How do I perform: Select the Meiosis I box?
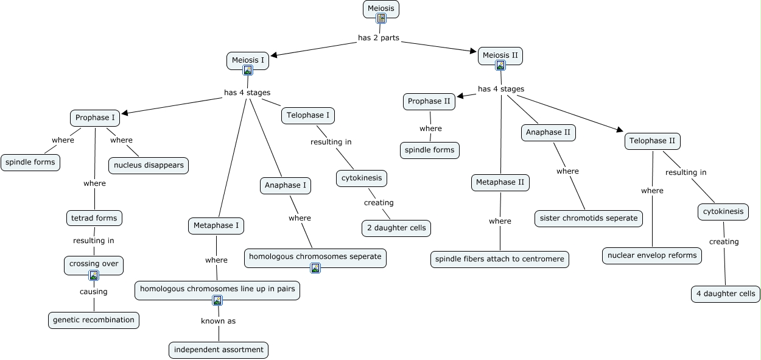pos(248,60)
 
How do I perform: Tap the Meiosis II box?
pos(500,55)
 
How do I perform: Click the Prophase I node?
pos(95,118)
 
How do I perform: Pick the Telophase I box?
pos(308,115)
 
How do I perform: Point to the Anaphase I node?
pos(286,185)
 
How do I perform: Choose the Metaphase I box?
pos(216,226)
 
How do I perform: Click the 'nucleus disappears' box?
pos(149,165)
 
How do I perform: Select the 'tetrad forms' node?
pos(94,217)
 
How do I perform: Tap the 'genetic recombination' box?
pos(94,320)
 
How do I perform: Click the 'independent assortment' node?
pos(219,350)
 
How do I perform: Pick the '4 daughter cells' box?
pos(726,294)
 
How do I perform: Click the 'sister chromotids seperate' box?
pos(589,218)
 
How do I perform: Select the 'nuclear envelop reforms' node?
pos(652,255)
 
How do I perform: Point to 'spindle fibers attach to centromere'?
pos(500,259)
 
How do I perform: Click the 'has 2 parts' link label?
pos(379,38)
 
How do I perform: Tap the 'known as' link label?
pos(218,320)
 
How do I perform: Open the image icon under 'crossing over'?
pos(94,275)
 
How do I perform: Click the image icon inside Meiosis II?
pos(500,65)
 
